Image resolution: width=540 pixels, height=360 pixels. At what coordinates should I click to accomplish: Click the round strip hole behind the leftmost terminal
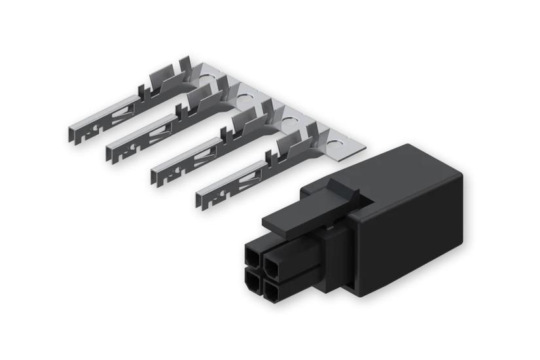click(202, 83)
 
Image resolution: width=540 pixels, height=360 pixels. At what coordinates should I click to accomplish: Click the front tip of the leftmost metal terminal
click(71, 134)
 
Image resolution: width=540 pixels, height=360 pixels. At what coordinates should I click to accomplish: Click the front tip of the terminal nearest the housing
click(200, 197)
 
